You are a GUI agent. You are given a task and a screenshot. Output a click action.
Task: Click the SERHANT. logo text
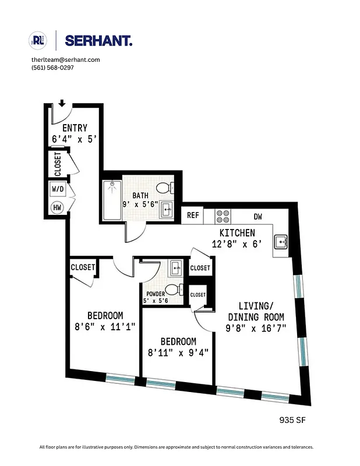click(x=98, y=41)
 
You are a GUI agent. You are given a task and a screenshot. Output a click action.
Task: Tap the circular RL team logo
click(x=38, y=41)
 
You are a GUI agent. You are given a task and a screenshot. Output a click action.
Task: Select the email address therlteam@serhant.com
click(x=65, y=59)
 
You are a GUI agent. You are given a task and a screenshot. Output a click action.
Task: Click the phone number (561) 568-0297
click(x=52, y=68)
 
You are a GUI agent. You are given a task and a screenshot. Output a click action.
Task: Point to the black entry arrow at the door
click(x=62, y=104)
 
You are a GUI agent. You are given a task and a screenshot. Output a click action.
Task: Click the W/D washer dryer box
click(x=58, y=189)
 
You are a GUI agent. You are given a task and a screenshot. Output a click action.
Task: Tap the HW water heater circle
click(x=58, y=207)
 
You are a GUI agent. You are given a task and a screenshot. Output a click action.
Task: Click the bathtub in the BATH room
click(x=112, y=200)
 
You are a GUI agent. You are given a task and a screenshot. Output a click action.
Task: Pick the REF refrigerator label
click(x=193, y=216)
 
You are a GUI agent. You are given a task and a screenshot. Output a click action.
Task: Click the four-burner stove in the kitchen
click(x=223, y=216)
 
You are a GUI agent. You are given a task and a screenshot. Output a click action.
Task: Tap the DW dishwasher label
click(x=258, y=216)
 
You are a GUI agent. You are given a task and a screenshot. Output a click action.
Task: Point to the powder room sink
click(x=175, y=269)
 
